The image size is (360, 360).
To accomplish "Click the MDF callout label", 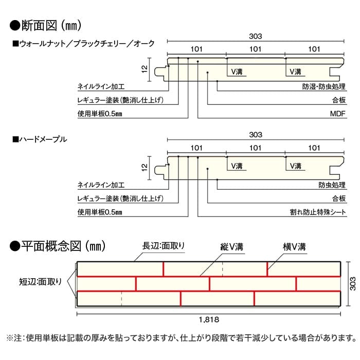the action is coord(338,114).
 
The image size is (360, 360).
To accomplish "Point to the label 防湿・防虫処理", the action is coord(323,86).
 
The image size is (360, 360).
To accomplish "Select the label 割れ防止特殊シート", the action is coord(318,212).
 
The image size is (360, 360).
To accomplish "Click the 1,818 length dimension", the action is coord(209,319).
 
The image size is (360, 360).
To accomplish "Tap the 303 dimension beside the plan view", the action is coord(352,284).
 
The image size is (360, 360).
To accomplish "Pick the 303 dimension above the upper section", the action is coord(256,36).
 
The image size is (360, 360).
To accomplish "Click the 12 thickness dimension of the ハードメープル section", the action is coord(145,167).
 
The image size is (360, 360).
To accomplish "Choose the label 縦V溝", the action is coord(231,247).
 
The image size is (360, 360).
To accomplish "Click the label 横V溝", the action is coord(294,247).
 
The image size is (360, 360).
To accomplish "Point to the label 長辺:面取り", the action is coord(164,246).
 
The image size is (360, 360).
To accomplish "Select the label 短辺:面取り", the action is coord(41,281).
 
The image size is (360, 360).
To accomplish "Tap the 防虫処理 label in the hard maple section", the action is coord(332,185).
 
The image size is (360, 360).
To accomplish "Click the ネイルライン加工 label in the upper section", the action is coord(101,86).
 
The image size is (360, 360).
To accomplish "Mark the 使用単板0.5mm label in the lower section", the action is coord(100,212).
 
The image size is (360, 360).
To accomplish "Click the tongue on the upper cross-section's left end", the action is coord(160,71).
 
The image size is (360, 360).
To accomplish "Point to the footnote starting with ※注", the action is coord(181,338).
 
